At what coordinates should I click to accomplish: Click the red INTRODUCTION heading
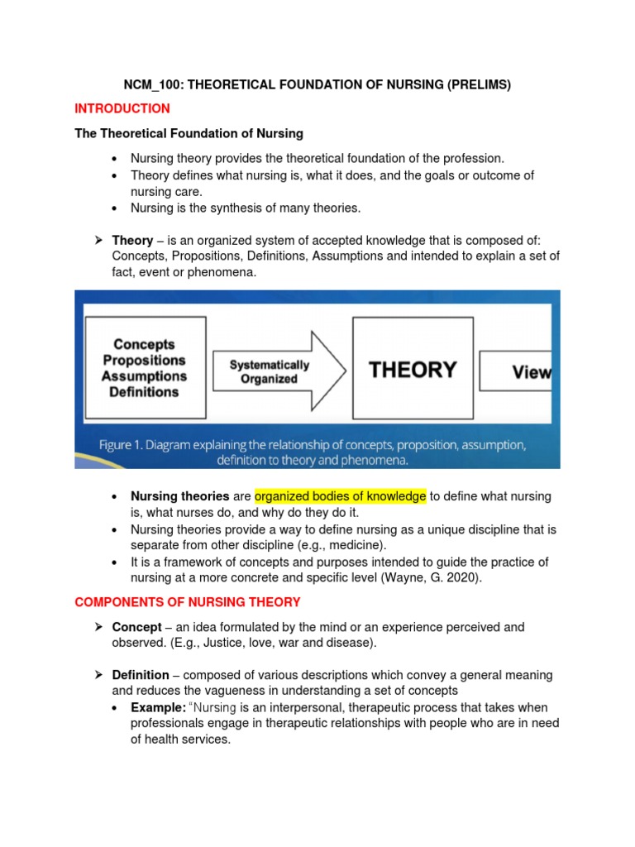click(122, 108)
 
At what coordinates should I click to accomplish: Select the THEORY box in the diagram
click(412, 370)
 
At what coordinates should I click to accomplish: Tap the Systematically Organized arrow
click(274, 371)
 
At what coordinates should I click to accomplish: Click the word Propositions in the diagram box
click(145, 361)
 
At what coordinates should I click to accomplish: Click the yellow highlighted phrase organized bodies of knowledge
click(340, 496)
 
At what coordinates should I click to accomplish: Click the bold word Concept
click(137, 628)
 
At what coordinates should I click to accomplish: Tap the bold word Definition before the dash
click(141, 675)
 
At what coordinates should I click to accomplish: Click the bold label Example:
click(158, 707)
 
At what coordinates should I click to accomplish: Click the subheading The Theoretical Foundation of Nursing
click(189, 133)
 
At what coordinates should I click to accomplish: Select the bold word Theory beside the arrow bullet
click(132, 241)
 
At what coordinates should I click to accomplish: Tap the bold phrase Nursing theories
click(180, 496)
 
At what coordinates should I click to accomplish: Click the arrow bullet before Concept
click(98, 628)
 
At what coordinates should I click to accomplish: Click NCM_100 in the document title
click(151, 84)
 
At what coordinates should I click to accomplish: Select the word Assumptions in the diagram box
click(145, 376)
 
